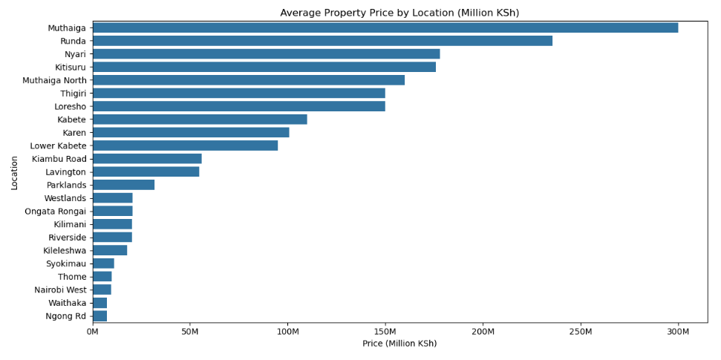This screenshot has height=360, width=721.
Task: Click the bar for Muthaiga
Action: tap(385, 27)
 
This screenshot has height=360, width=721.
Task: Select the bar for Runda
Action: tap(322, 41)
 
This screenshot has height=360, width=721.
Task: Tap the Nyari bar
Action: tap(266, 54)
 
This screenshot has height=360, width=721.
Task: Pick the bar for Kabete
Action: tap(200, 120)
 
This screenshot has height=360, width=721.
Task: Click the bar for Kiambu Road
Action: tap(147, 159)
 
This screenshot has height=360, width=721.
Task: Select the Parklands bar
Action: tap(123, 185)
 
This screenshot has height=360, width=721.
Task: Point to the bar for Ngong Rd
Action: tap(99, 316)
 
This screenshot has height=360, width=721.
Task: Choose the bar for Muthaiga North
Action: tap(249, 80)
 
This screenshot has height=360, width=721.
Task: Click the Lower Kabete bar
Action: tap(185, 145)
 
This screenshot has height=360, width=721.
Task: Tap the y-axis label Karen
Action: tap(74, 133)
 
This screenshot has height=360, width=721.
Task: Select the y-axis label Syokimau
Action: tap(66, 264)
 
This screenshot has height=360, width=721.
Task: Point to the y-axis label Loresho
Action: tap(70, 106)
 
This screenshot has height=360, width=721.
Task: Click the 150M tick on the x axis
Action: tap(385, 331)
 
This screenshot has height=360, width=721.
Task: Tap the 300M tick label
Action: tap(678, 331)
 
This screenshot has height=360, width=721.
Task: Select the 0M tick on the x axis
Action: tap(93, 331)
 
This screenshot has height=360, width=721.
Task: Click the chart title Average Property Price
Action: tap(399, 13)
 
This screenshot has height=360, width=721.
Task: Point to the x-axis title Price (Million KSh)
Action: tap(399, 344)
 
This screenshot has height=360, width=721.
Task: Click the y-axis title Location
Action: tap(14, 172)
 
